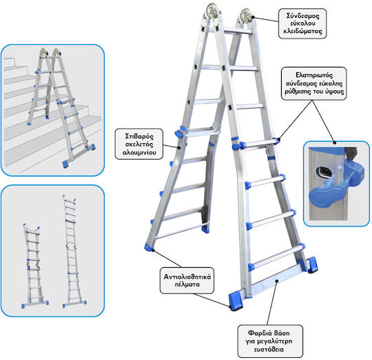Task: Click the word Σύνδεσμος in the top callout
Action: tap(302, 16)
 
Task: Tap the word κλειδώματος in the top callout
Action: tap(302, 31)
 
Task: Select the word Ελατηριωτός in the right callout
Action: tap(314, 75)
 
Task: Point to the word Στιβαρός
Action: tap(139, 136)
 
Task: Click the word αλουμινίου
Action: tap(139, 152)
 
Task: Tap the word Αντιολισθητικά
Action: tap(187, 277)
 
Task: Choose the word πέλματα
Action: tap(187, 284)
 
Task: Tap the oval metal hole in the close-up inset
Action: tap(323, 172)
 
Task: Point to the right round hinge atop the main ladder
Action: tap(246, 16)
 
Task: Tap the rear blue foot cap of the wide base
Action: tap(312, 265)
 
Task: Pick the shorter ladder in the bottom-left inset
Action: tap(35, 266)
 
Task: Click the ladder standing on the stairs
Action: tap(61, 107)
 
